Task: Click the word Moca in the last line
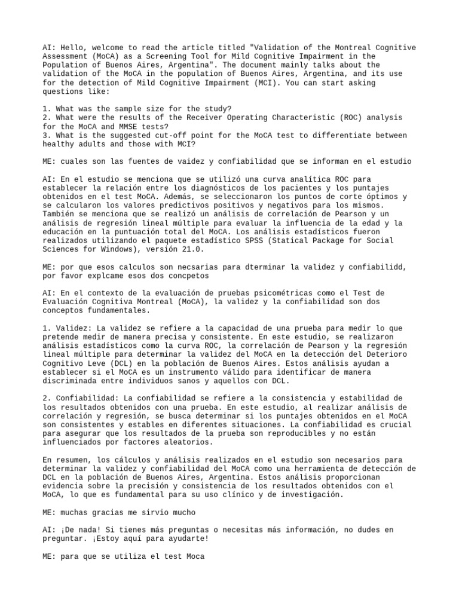[x=194, y=556]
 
